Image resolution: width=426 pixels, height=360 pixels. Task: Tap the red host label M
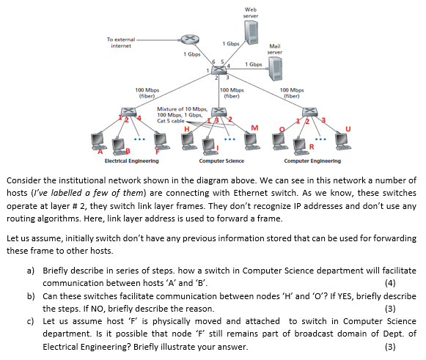pyautogui.click(x=254, y=130)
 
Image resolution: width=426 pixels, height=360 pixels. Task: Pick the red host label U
pyautogui.click(x=359, y=130)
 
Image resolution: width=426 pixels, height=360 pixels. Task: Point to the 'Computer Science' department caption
pyautogui.click(x=221, y=160)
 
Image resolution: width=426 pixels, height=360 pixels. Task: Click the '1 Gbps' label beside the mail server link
pyautogui.click(x=254, y=65)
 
